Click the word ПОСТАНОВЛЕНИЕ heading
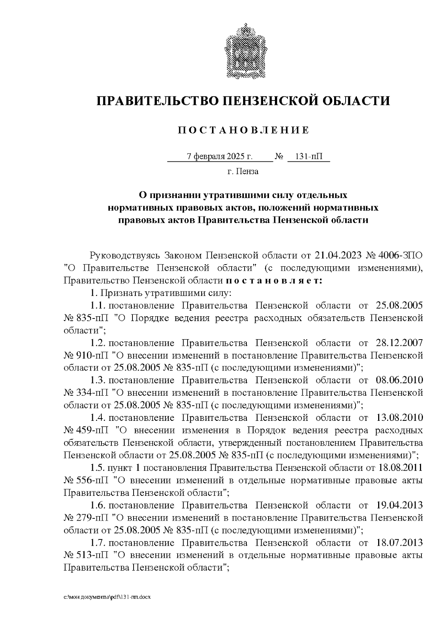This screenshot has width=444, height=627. (243, 130)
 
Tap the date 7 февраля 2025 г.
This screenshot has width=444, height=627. (220, 157)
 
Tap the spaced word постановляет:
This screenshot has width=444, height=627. (274, 281)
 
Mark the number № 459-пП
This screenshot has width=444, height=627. (88, 431)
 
